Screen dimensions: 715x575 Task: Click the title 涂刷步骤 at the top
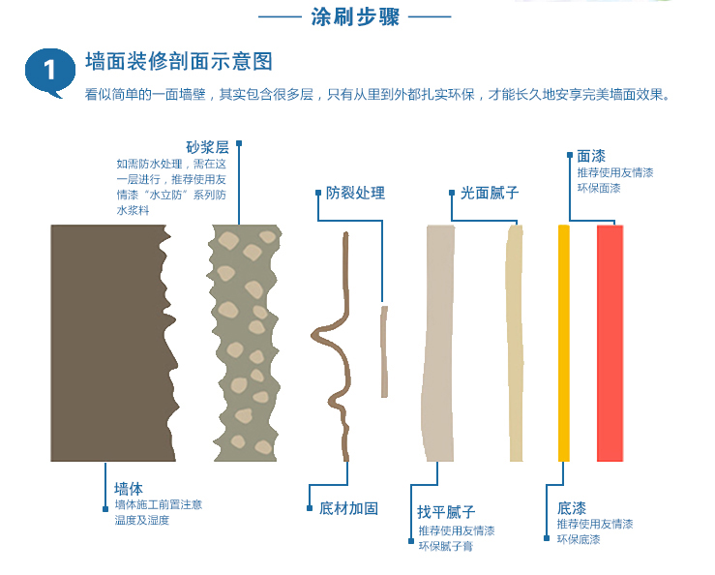pos(355,16)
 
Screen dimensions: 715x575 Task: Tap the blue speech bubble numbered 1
pos(50,73)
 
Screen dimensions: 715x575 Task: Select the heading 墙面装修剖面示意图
pos(179,61)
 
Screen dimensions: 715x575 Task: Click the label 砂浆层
pos(207,147)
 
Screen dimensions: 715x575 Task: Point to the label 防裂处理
pos(355,193)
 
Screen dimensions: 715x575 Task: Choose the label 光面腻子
pos(490,193)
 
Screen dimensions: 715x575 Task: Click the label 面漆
pos(591,156)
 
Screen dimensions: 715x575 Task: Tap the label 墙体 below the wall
pos(129,489)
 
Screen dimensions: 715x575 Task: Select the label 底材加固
pos(349,508)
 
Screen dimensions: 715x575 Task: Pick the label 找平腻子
pos(446,511)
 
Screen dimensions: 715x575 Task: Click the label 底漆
pos(572,508)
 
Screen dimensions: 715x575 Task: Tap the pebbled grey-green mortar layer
pos(245,343)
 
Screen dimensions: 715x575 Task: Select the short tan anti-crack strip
pos(384,351)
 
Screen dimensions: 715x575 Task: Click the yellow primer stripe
pos(564,343)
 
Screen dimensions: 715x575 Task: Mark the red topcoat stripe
pos(611,343)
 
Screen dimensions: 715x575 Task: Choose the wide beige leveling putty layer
pos(438,343)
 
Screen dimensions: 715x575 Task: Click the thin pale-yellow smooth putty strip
pos(515,343)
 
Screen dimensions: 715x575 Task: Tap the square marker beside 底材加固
pos(310,508)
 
